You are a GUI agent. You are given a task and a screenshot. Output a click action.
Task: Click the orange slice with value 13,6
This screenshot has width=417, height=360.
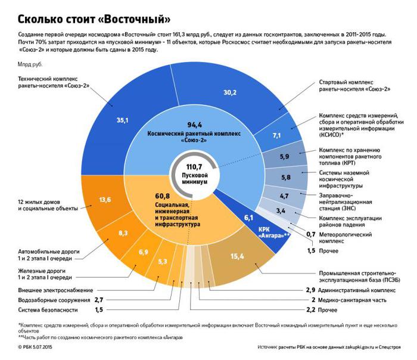click(122, 200)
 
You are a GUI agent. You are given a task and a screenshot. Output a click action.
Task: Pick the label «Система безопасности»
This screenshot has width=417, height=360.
click(45, 310)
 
